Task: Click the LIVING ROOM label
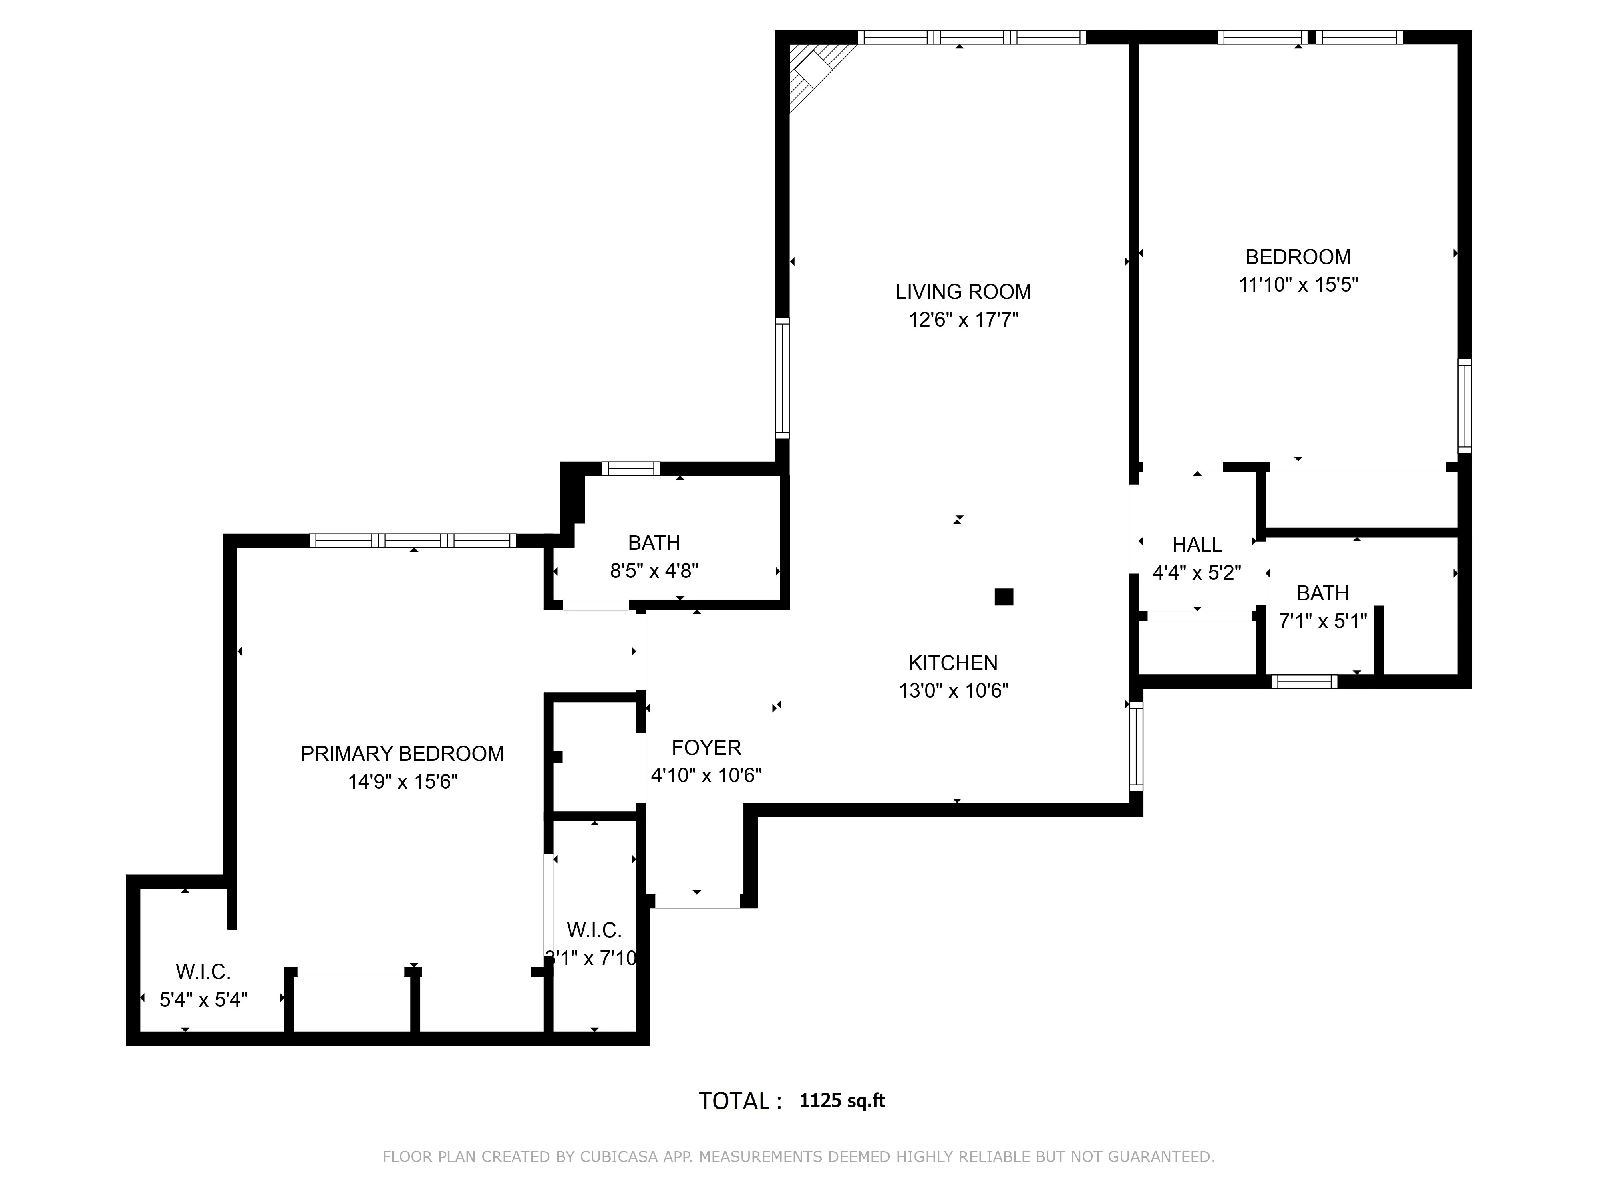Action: pyautogui.click(x=963, y=292)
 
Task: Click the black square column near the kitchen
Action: pyautogui.click(x=1004, y=597)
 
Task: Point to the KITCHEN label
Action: pyautogui.click(x=953, y=663)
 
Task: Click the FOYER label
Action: pyautogui.click(x=706, y=748)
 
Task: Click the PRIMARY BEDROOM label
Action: pyautogui.click(x=401, y=754)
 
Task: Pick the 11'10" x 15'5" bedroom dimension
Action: pyautogui.click(x=1298, y=284)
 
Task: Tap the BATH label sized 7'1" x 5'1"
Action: pyautogui.click(x=1322, y=593)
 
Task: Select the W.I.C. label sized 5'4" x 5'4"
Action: pyautogui.click(x=203, y=972)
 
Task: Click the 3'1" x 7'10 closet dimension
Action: pyautogui.click(x=591, y=958)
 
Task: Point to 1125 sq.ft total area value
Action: pyautogui.click(x=842, y=1101)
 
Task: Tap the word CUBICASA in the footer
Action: pyautogui.click(x=618, y=1157)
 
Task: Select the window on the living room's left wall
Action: pyautogui.click(x=782, y=378)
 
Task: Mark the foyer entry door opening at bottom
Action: pyautogui.click(x=697, y=901)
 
